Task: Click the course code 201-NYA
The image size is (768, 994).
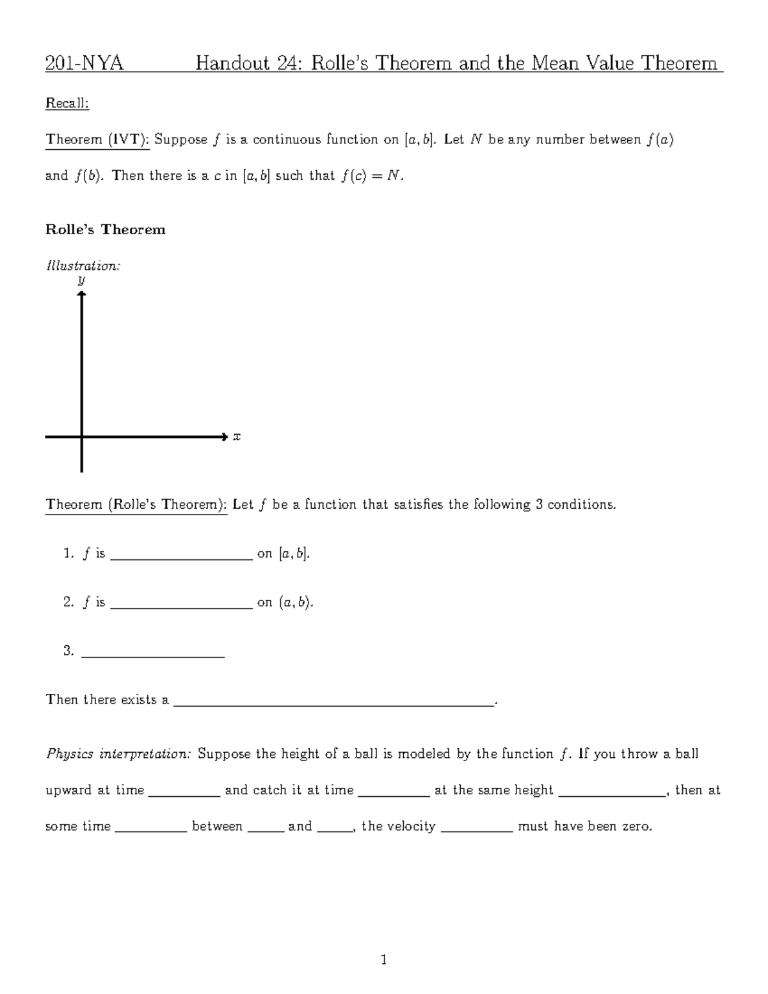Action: pyautogui.click(x=84, y=63)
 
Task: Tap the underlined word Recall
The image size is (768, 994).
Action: pyautogui.click(x=67, y=104)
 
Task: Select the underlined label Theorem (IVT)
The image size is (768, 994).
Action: pyautogui.click(x=97, y=140)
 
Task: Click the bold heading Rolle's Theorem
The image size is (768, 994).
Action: pyautogui.click(x=105, y=230)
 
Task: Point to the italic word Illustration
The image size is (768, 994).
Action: pyautogui.click(x=83, y=266)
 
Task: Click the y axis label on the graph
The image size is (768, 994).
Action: pyautogui.click(x=81, y=280)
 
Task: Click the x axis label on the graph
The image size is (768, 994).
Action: pyautogui.click(x=236, y=437)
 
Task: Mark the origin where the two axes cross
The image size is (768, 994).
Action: pyautogui.click(x=82, y=437)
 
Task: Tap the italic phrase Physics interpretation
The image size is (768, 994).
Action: pyautogui.click(x=118, y=754)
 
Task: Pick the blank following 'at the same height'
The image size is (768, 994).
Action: pyautogui.click(x=612, y=794)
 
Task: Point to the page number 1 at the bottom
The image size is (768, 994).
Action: pyautogui.click(x=384, y=959)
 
